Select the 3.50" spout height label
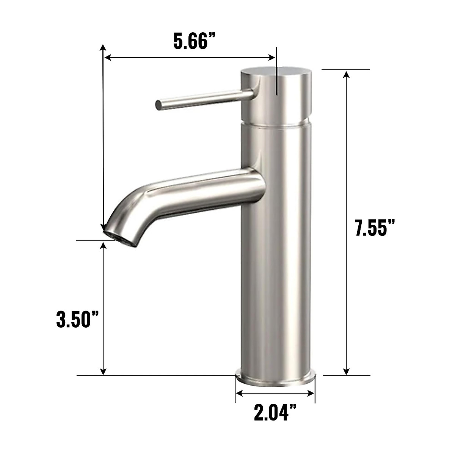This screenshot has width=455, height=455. coord(77,320)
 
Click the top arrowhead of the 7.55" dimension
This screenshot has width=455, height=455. coord(346,74)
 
